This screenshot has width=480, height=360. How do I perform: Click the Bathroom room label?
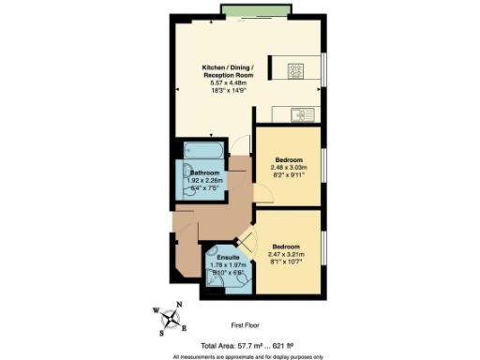click(x=204, y=173)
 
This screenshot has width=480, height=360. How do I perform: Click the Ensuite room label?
click(x=229, y=256)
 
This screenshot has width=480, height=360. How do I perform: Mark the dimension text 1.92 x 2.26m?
click(x=204, y=181)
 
